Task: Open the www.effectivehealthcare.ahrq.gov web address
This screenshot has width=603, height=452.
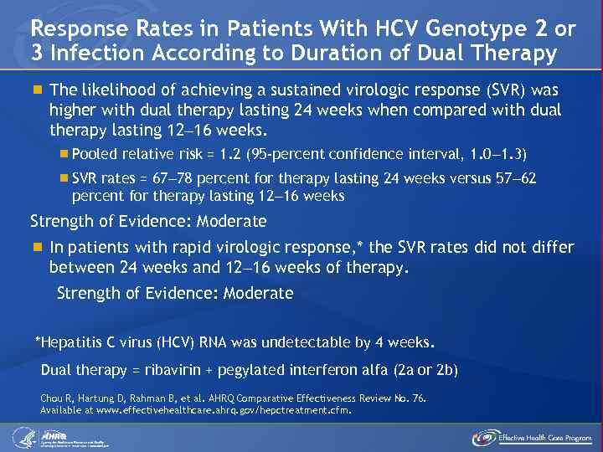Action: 185,410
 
